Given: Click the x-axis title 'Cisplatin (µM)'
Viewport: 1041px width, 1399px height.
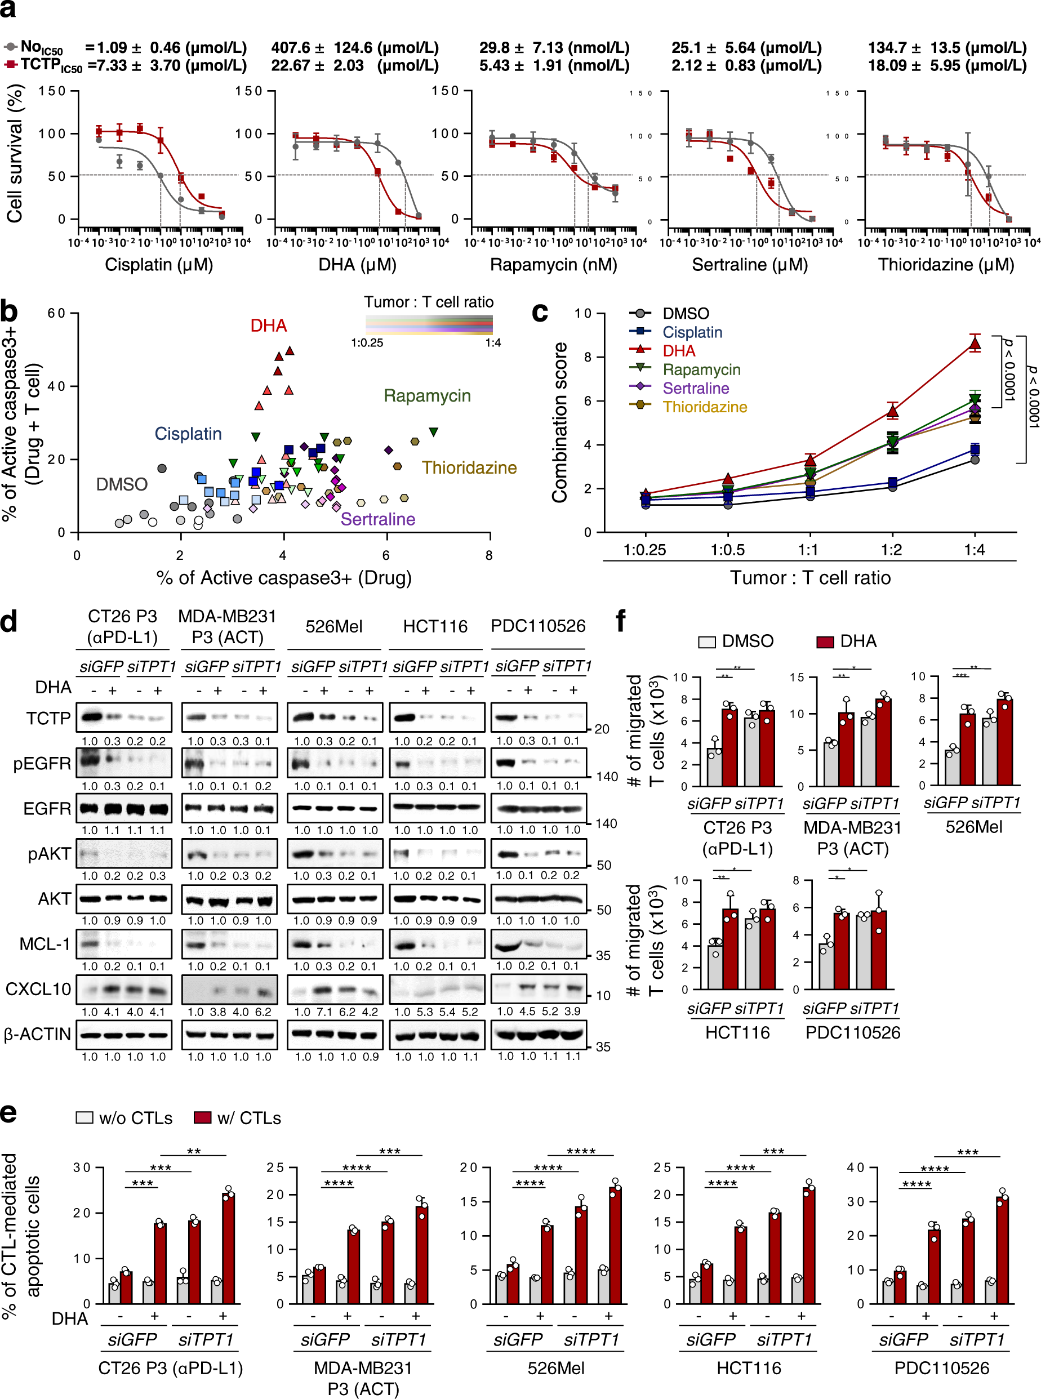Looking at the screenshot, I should [159, 265].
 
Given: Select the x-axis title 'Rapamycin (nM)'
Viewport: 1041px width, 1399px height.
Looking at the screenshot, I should [553, 265].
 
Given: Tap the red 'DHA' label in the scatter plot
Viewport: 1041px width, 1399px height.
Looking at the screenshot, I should [269, 326].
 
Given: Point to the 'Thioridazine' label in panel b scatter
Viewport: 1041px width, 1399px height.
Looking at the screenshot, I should [469, 467].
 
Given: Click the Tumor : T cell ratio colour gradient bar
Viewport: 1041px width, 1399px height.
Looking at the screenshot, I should [429, 324].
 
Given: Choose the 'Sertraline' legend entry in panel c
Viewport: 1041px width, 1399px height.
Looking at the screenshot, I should [695, 388].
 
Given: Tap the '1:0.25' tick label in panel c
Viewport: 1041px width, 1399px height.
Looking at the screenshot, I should [644, 550].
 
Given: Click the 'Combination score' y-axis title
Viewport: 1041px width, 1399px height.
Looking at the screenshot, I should [559, 422].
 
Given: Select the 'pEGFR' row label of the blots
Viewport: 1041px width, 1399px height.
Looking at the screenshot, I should [42, 764].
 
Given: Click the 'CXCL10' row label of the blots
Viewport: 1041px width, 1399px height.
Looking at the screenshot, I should [38, 989].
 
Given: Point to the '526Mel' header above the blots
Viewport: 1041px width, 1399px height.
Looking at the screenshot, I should [333, 626].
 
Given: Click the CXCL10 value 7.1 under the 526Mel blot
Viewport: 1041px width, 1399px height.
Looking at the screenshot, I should [325, 1012].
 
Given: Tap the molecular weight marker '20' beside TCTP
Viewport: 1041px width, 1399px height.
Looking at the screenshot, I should [602, 729].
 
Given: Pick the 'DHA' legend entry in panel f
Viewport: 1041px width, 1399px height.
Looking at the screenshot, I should [857, 641].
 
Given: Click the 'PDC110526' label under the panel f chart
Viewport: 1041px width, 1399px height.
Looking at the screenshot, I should [853, 1032].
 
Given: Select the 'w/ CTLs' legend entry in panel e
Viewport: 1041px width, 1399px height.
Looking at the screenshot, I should [249, 1118].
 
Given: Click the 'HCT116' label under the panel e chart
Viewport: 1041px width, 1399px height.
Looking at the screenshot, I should [749, 1368].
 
